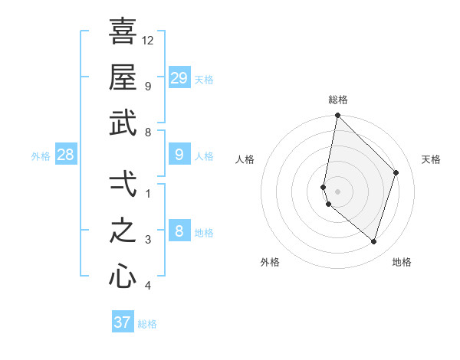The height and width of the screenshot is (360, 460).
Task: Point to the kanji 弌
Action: pos(123,183)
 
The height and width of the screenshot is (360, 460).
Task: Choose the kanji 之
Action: pos(123,230)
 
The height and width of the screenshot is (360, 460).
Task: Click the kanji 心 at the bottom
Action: pos(123,276)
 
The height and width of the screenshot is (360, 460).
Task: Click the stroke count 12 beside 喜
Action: pos(148,40)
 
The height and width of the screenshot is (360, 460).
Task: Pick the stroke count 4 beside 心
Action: pos(148,286)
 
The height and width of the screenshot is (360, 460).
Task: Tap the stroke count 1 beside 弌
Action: pos(148,193)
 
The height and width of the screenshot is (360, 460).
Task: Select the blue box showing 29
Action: pos(179,77)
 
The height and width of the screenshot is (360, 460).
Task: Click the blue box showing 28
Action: pos(66,155)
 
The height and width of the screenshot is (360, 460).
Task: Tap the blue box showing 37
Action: pos(123,322)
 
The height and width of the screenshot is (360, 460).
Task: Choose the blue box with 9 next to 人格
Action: pos(179,155)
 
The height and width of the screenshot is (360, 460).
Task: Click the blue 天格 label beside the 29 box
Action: pos(204,79)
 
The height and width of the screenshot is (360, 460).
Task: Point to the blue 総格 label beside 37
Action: pos(147,324)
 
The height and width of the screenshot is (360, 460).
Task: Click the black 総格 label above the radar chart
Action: pos(337,100)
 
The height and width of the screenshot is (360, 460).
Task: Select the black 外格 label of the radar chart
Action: pos(270,262)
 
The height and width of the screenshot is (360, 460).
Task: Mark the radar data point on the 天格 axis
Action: pos(396,172)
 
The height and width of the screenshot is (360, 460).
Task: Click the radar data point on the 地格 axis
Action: pos(373,242)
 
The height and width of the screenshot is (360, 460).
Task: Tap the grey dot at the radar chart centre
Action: pos(337,191)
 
